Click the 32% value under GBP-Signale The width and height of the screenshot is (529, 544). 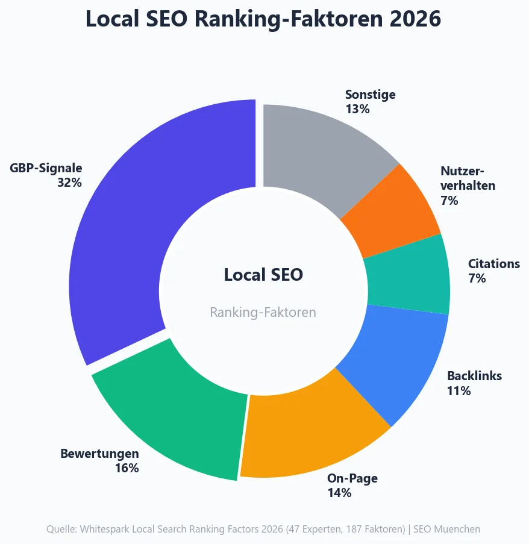coord(69,183)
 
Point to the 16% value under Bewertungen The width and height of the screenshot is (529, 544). coord(127,468)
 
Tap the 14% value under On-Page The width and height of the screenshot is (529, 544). coord(339,493)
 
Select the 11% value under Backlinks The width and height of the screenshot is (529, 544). coord(459,391)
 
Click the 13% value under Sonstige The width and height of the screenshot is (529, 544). coord(357,109)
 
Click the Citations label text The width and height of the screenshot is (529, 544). coord(493,264)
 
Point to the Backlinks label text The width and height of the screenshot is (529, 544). coord(474,376)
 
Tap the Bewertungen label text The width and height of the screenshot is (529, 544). coord(99,454)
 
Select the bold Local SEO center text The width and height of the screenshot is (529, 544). coord(263,275)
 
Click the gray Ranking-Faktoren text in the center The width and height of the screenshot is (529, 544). coord(263,312)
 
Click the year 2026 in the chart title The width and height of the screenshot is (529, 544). coord(415,19)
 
